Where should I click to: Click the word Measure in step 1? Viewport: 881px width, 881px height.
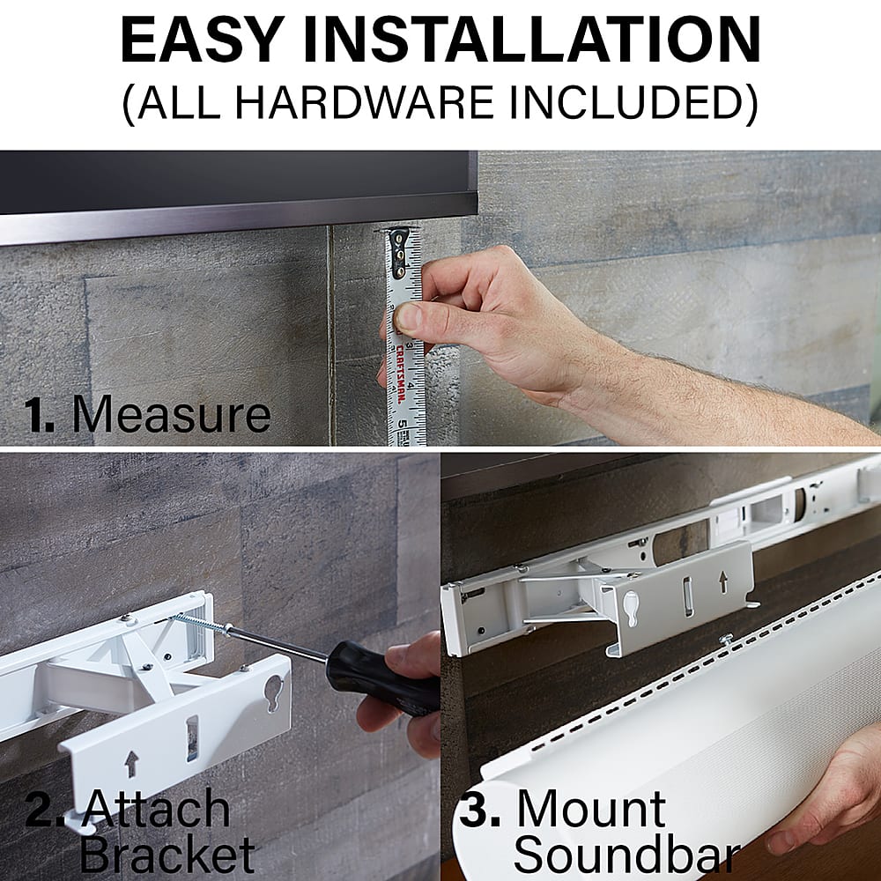171,414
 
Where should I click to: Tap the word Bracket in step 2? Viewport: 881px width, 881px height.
167,855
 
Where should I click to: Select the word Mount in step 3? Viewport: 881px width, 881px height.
590,810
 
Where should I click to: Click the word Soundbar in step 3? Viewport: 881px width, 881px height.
626,855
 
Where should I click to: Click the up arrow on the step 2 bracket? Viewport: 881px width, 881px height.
131,763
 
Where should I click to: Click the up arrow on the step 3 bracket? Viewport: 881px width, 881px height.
722,581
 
